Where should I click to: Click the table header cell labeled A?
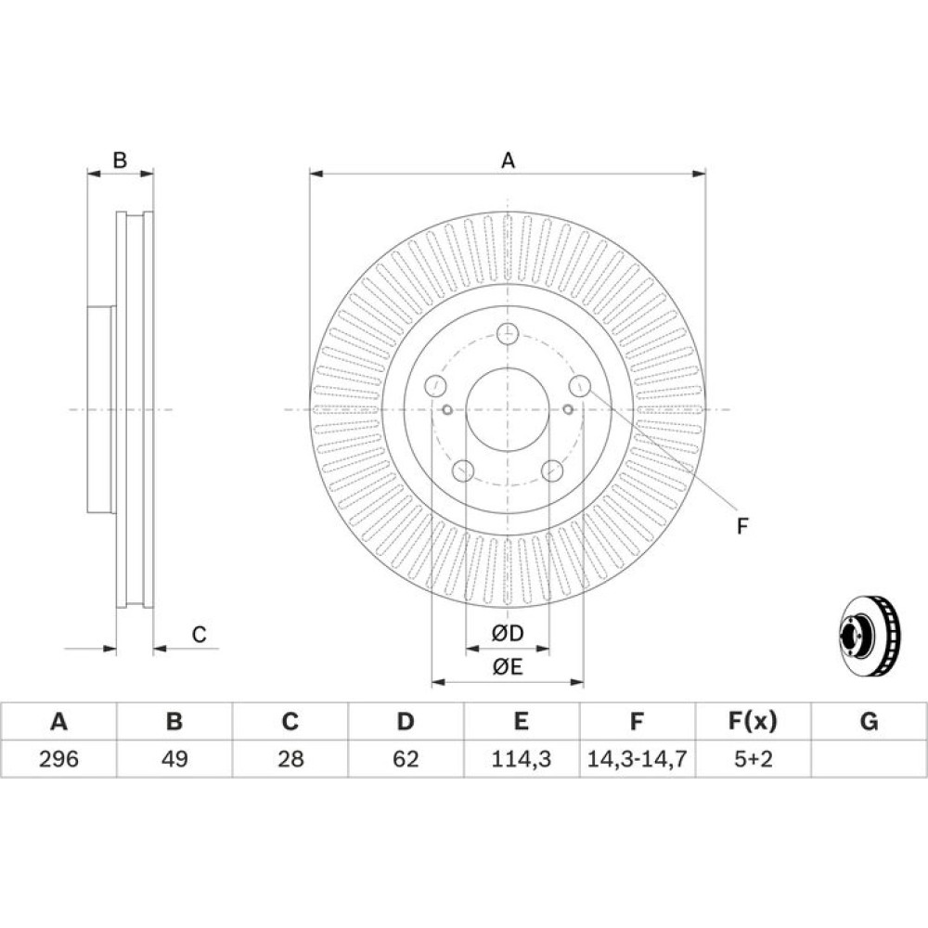tap(58, 721)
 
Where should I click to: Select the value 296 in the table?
tap(58, 758)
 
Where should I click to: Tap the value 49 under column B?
tap(174, 758)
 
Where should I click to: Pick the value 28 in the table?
tap(290, 758)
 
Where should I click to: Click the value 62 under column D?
tap(406, 758)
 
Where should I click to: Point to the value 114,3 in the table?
tap(522, 759)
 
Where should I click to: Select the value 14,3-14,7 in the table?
tap(637, 759)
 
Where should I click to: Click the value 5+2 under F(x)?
tap(754, 758)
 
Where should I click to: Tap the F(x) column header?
tap(753, 721)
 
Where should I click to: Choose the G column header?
tap(869, 721)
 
